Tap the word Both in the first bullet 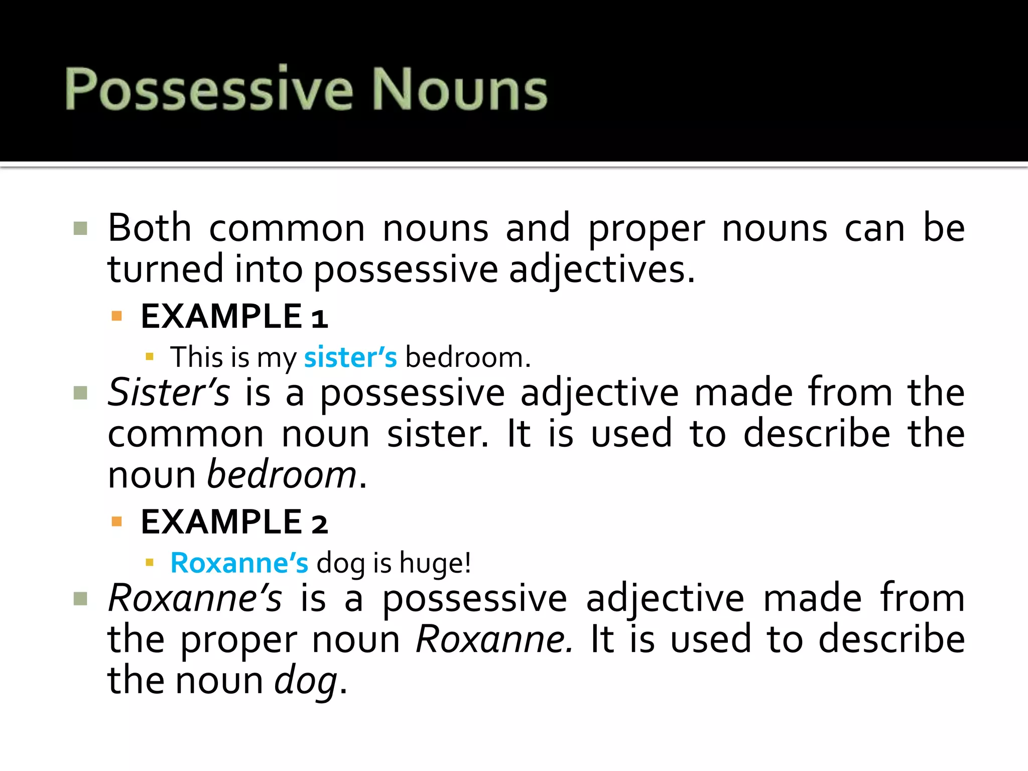149,228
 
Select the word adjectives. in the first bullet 602,270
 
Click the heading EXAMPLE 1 234,317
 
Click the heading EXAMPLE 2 234,522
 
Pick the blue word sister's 350,357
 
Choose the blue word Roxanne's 239,563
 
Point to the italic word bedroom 282,474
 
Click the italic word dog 306,681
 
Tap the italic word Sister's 169,393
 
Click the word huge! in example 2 435,563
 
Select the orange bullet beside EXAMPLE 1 117,316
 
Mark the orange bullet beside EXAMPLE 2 117,522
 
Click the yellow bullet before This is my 149,357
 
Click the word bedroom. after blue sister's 468,357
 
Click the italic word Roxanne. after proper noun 494,639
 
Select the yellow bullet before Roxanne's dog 149,563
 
